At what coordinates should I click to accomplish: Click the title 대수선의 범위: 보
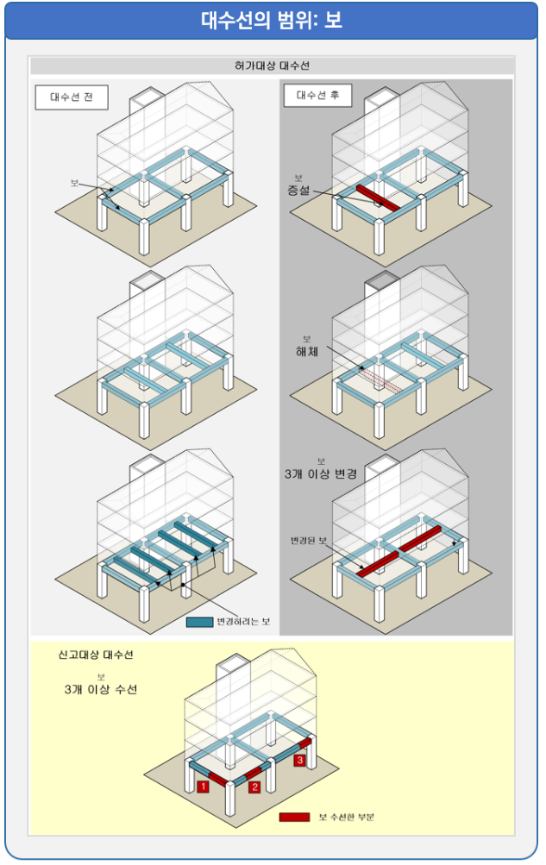[x=272, y=21]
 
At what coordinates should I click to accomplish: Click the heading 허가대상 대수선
[x=272, y=66]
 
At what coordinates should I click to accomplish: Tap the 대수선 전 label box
[x=72, y=97]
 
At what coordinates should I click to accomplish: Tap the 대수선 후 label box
[x=317, y=96]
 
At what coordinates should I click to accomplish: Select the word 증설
[x=298, y=190]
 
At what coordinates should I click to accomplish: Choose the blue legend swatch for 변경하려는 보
[x=198, y=621]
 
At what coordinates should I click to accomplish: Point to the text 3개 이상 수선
[x=100, y=690]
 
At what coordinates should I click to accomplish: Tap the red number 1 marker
[x=201, y=786]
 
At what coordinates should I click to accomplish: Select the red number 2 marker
[x=254, y=786]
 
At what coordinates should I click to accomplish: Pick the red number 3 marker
[x=299, y=761]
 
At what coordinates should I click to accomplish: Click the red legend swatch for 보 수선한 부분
[x=293, y=816]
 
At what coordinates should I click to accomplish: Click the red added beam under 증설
[x=375, y=197]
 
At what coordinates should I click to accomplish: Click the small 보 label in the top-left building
[x=75, y=183]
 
